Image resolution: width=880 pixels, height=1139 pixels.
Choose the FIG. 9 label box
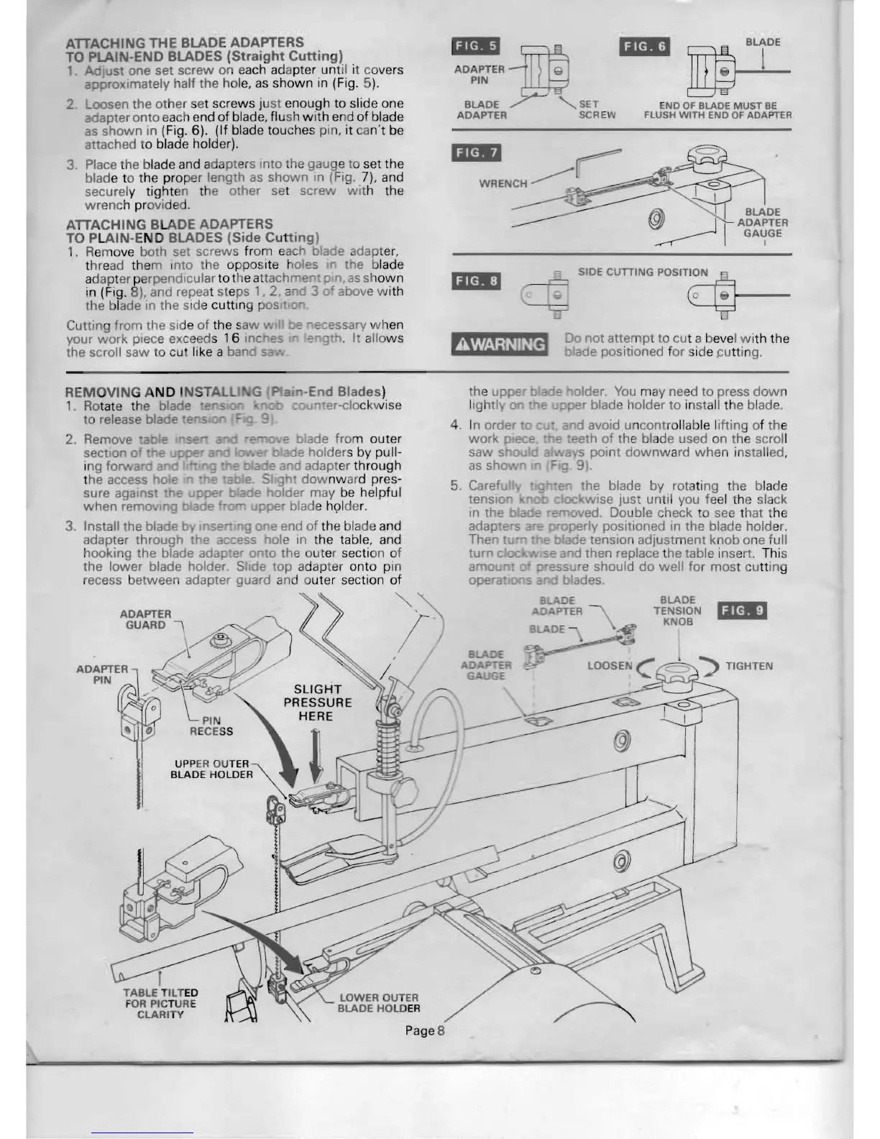click(743, 611)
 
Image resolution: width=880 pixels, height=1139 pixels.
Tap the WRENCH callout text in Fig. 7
click(503, 183)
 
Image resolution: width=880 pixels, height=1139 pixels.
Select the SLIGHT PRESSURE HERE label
click(317, 703)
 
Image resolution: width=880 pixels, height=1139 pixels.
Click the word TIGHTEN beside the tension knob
click(749, 666)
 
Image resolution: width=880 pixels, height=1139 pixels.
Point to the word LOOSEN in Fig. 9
click(609, 666)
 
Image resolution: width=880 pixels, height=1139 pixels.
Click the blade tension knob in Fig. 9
click(679, 674)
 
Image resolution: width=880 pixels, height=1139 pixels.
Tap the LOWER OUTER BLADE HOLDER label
click(379, 1002)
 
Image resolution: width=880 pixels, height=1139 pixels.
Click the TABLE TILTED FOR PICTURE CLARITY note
click(160, 1003)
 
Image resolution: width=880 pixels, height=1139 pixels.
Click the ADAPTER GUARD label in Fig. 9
click(145, 619)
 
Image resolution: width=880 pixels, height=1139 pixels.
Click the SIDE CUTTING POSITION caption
click(643, 273)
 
